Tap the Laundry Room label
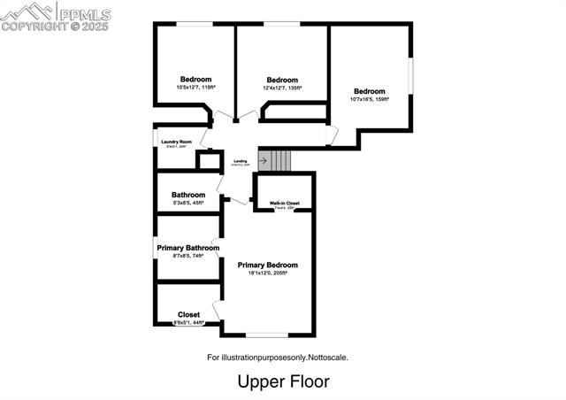[176, 142]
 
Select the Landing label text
[241, 160]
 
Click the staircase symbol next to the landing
[280, 161]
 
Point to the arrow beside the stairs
[264, 161]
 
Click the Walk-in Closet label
[285, 204]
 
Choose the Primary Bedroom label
[267, 265]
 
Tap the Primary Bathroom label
[188, 248]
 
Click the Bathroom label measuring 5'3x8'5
[188, 195]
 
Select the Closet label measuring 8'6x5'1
[188, 314]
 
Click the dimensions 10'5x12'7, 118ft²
[195, 88]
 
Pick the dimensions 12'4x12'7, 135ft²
[282, 88]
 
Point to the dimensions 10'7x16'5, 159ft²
[370, 99]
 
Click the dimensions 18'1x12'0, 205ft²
[267, 273]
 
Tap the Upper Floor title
[283, 381]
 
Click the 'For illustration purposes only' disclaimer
[282, 358]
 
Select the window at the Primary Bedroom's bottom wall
[267, 335]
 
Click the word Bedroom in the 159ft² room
[370, 91]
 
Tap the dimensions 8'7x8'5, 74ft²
[188, 256]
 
